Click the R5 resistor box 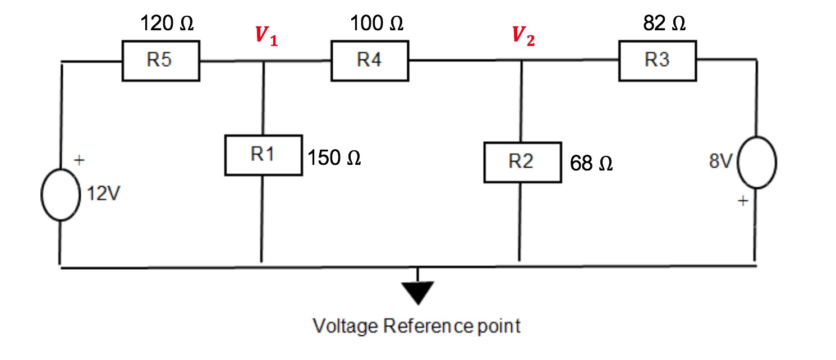tap(160, 61)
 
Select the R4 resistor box tap(370, 60)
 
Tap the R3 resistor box tap(658, 61)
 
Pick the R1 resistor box tap(263, 155)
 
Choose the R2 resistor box tap(522, 162)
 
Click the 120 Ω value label tap(167, 24)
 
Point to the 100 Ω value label tap(376, 24)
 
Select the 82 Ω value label tap(664, 24)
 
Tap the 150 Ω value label tap(334, 158)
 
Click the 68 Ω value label tap(591, 164)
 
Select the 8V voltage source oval tap(756, 162)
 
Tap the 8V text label tap(721, 162)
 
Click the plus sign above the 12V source tap(80, 161)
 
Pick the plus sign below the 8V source tap(742, 201)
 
